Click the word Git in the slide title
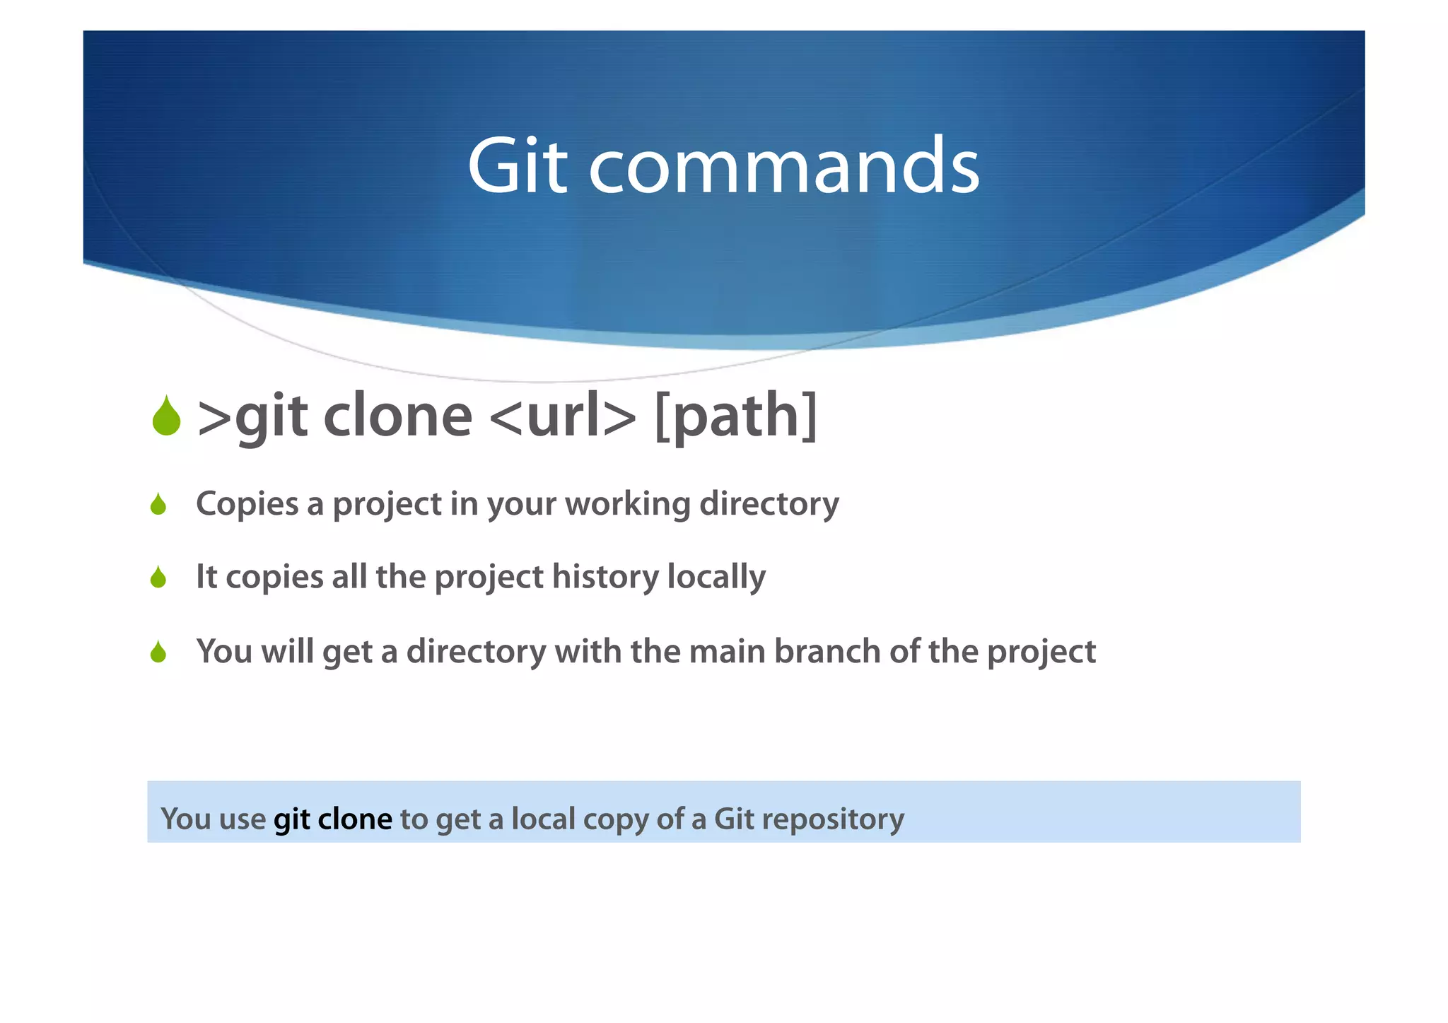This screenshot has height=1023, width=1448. [x=518, y=166]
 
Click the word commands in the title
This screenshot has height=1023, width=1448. [x=783, y=168]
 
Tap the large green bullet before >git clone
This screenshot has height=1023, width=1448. [x=166, y=416]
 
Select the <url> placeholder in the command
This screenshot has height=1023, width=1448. [x=562, y=416]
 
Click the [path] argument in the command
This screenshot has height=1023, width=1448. [x=736, y=416]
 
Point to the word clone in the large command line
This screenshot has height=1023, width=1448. [x=397, y=416]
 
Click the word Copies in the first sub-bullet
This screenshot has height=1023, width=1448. [x=247, y=505]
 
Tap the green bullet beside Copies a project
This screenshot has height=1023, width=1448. [x=158, y=505]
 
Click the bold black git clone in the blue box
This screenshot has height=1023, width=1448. [x=332, y=819]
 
